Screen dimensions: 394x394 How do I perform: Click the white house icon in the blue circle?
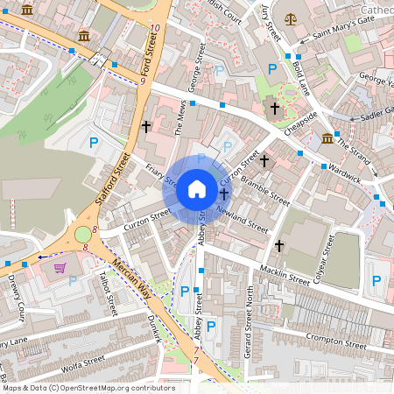[x=197, y=188]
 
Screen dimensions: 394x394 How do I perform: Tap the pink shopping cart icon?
[x=60, y=268]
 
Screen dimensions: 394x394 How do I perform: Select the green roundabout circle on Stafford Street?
[x=83, y=234]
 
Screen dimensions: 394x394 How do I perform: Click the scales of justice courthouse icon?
[x=290, y=18]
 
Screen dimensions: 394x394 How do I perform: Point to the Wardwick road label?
[x=345, y=172]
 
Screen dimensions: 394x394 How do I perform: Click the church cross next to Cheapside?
[x=274, y=109]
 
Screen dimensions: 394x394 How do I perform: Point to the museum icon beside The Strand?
[x=327, y=138]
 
